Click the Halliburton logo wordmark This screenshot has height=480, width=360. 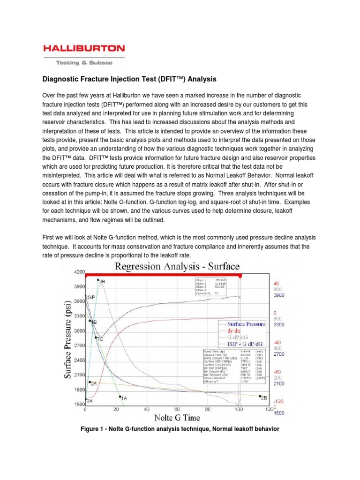coord(84,48)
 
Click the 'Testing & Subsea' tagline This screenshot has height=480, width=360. coord(84,62)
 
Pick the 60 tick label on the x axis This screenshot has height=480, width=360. coord(177,409)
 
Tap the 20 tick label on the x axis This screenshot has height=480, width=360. coord(116,409)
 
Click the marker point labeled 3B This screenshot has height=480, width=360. coord(98,280)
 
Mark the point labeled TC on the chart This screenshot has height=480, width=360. coord(96,337)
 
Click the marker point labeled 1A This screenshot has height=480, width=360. coord(120,396)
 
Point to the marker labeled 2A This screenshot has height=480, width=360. coord(89,382)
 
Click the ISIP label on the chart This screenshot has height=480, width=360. coord(90,297)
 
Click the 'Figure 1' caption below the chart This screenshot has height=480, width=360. coord(179,428)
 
